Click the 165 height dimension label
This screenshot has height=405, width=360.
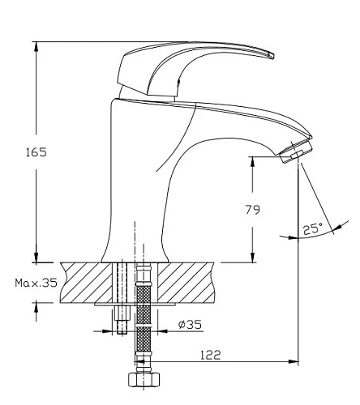(36, 152)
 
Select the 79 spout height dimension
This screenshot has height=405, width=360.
(253, 210)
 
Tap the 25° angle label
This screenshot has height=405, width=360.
(312, 229)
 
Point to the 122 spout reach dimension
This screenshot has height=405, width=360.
(211, 355)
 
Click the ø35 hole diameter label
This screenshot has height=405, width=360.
(190, 324)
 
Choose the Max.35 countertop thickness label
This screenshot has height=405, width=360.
(36, 283)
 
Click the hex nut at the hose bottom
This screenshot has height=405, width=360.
(144, 380)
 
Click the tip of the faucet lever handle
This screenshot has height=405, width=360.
(272, 55)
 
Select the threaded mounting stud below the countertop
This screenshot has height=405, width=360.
(122, 320)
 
